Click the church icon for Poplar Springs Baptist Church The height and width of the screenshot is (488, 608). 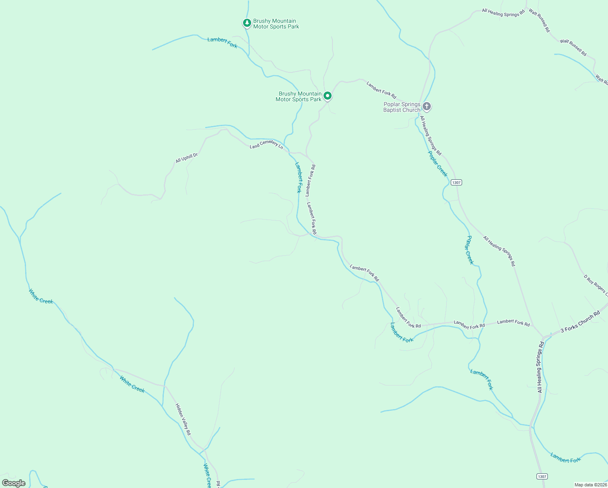pyautogui.click(x=426, y=107)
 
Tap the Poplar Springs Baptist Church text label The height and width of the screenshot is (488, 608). pyautogui.click(x=402, y=107)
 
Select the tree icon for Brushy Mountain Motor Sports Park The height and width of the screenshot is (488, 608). pyautogui.click(x=247, y=23)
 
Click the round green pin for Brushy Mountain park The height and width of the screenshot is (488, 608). pyautogui.click(x=328, y=96)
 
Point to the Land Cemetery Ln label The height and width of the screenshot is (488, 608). pyautogui.click(x=266, y=144)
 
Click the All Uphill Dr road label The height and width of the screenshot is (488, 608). pyautogui.click(x=187, y=158)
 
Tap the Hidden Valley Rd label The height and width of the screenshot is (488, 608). pyautogui.click(x=183, y=419)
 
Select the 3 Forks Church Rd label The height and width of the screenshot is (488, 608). pyautogui.click(x=580, y=322)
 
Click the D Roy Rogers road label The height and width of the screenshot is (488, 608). pyautogui.click(x=595, y=285)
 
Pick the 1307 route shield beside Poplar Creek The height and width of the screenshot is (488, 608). pyautogui.click(x=456, y=183)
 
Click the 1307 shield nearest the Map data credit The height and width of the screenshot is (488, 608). pyautogui.click(x=541, y=476)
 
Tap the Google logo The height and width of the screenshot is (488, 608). pyautogui.click(x=13, y=483)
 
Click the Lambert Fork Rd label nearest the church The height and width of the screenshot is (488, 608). pyautogui.click(x=381, y=90)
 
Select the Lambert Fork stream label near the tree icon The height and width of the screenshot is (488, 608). pyautogui.click(x=222, y=42)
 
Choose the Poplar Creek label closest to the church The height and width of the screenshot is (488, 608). pyautogui.click(x=438, y=164)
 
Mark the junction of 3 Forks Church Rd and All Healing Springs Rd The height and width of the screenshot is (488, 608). pyautogui.click(x=543, y=337)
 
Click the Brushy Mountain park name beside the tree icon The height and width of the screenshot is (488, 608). pyautogui.click(x=276, y=24)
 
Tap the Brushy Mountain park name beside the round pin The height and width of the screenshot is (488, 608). pyautogui.click(x=298, y=96)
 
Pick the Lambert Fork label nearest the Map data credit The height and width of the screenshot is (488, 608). pyautogui.click(x=565, y=457)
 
